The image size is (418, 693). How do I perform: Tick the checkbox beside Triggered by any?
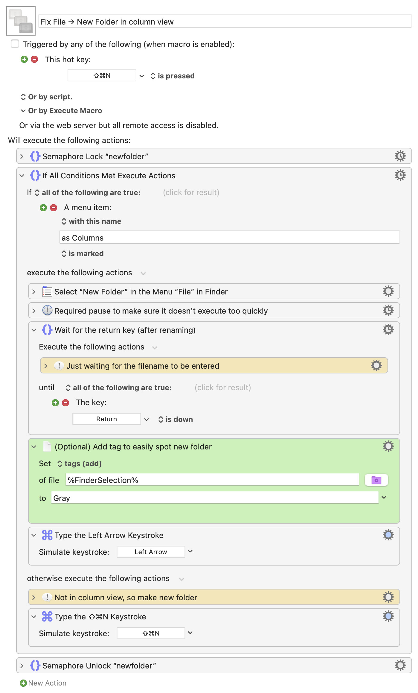tap(15, 44)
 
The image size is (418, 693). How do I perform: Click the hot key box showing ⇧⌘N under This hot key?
tap(102, 76)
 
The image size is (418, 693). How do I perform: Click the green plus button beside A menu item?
tap(43, 208)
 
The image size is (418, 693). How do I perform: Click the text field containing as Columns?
tap(229, 238)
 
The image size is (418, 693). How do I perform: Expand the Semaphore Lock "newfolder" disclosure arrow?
tap(22, 156)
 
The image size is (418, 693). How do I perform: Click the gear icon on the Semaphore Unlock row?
tap(400, 665)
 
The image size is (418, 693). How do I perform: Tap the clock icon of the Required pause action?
tap(47, 311)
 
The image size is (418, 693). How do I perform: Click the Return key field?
tap(107, 419)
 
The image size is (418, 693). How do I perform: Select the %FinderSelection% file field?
tap(212, 480)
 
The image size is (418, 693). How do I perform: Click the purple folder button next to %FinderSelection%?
tap(376, 480)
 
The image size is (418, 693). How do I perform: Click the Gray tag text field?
tap(215, 498)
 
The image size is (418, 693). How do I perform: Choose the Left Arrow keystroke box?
tap(151, 552)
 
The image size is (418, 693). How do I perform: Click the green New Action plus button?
tap(23, 683)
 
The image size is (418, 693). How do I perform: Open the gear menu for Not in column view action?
tap(388, 597)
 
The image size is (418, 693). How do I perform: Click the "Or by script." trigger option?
tap(46, 97)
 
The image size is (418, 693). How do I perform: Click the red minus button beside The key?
tap(65, 403)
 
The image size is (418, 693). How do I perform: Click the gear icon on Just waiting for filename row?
tap(376, 366)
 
